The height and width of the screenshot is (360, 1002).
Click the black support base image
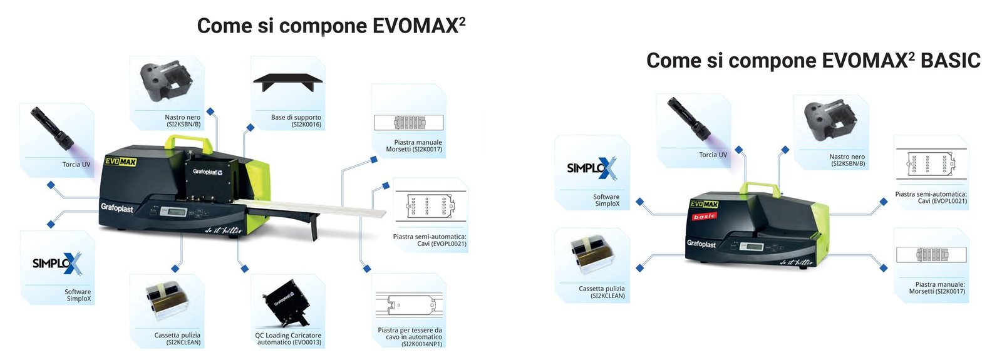coord(288,82)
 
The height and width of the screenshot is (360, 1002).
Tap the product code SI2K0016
coord(306,125)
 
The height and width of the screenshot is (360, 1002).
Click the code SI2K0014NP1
coord(421,344)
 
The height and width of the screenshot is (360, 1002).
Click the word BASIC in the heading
coord(950,61)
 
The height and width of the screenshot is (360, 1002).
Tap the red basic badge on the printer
coord(704,217)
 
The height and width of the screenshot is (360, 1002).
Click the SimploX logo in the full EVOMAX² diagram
coord(57,264)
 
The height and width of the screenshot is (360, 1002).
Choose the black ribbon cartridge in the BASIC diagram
coord(829,122)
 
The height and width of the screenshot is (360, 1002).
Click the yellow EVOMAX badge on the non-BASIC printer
coord(120,162)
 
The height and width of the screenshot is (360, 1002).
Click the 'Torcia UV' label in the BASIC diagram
coord(713,155)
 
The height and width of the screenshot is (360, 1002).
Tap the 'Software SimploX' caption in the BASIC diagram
coord(606,200)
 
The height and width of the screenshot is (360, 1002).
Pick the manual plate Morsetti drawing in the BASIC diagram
coord(931,255)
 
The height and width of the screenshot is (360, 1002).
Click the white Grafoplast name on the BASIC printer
coord(701,244)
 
